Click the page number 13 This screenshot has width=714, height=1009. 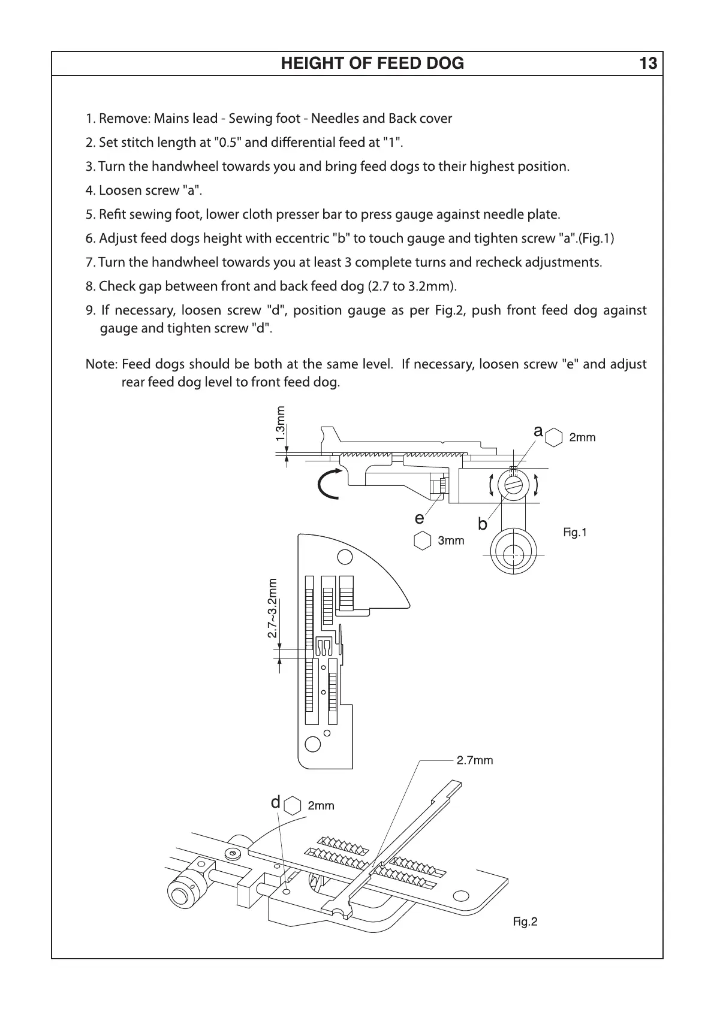(648, 64)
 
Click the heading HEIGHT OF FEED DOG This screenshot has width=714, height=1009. (372, 64)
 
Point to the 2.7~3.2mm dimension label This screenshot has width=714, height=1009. (273, 608)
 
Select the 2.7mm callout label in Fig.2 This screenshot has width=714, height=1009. (475, 760)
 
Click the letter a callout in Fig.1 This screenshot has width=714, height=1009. (538, 431)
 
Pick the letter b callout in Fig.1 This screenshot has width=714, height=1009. (482, 524)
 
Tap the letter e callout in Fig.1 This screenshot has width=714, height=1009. (419, 518)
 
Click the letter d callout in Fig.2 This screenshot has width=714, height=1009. (275, 802)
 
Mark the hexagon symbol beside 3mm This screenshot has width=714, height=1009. (423, 540)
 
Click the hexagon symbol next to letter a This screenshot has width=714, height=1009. (555, 437)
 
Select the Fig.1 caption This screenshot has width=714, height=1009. (575, 532)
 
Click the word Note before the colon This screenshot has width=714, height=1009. (100, 364)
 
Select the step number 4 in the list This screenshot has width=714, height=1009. (89, 191)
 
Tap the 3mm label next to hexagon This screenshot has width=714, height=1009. (451, 540)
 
